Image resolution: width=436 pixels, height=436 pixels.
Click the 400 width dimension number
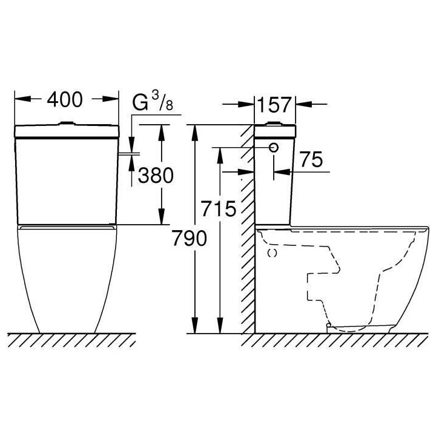pyautogui.click(x=65, y=100)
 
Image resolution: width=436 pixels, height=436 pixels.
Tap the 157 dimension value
pyautogui.click(x=274, y=105)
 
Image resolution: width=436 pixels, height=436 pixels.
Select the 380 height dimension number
pyautogui.click(x=156, y=176)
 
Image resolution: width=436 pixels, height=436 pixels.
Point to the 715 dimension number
pyautogui.click(x=219, y=209)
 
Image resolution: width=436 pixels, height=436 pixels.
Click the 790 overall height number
pyautogui.click(x=190, y=239)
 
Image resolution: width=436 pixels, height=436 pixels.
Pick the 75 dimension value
pyautogui.click(x=311, y=160)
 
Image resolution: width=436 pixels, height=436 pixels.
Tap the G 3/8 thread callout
pyautogui.click(x=153, y=102)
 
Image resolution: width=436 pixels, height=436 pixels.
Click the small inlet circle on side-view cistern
pyautogui.click(x=274, y=148)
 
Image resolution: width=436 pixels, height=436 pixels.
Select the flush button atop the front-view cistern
pyautogui.click(x=67, y=123)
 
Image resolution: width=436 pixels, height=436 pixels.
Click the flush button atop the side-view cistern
pyautogui.click(x=275, y=124)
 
